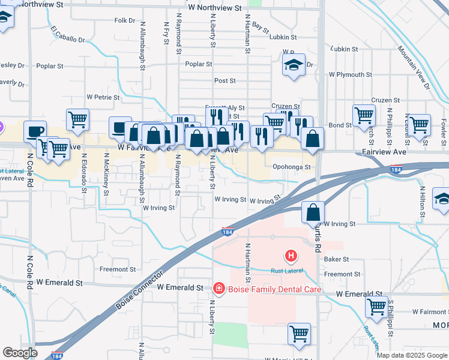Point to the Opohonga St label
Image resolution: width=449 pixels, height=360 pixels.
point(291,167)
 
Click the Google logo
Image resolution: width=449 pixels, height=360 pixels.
point(20,353)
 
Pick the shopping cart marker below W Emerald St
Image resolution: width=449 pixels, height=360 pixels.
point(298,334)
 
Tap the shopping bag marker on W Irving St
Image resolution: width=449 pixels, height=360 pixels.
point(313,212)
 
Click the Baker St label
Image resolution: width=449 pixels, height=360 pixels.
point(336,259)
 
